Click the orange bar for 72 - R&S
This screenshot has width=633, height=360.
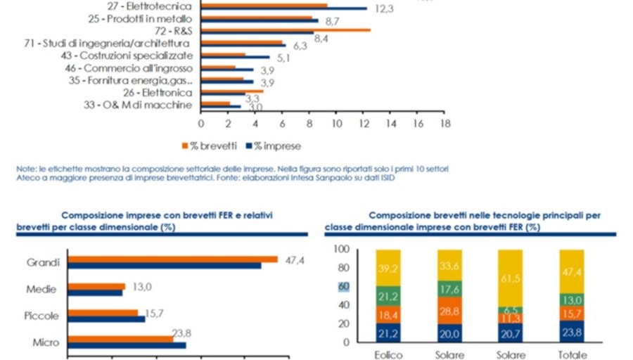(286, 30)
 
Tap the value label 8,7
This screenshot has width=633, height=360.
(333, 22)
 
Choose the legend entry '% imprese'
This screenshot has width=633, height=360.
(274, 146)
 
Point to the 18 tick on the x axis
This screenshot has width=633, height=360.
(445, 122)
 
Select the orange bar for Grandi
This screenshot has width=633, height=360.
(172, 259)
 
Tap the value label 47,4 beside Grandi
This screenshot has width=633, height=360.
(294, 261)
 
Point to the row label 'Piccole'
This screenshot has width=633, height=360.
(41, 316)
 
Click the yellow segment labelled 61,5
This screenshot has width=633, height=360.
(511, 278)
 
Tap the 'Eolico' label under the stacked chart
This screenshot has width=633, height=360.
(388, 355)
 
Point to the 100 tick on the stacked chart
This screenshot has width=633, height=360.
(341, 249)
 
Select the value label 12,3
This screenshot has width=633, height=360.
(383, 9)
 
